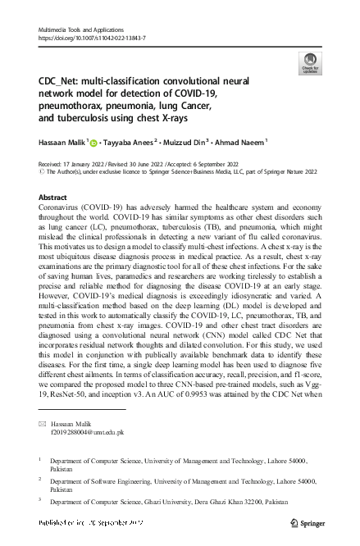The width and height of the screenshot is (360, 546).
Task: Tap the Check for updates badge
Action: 310,62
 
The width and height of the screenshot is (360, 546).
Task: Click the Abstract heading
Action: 53,198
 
